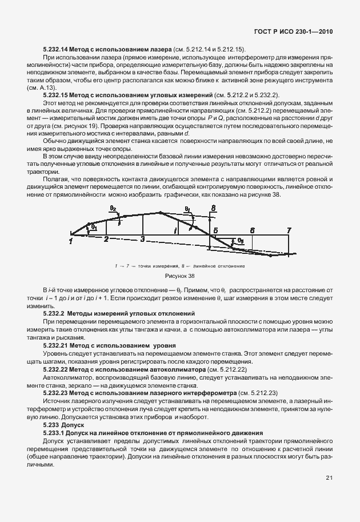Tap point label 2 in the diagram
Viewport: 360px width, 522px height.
coord(106,239)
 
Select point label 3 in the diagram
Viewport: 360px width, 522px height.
coord(143,239)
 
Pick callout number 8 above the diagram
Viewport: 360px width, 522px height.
coord(213,208)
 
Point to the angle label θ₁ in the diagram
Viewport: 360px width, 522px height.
coord(93,227)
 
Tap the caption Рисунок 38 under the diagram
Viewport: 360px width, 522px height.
coord(179,276)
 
